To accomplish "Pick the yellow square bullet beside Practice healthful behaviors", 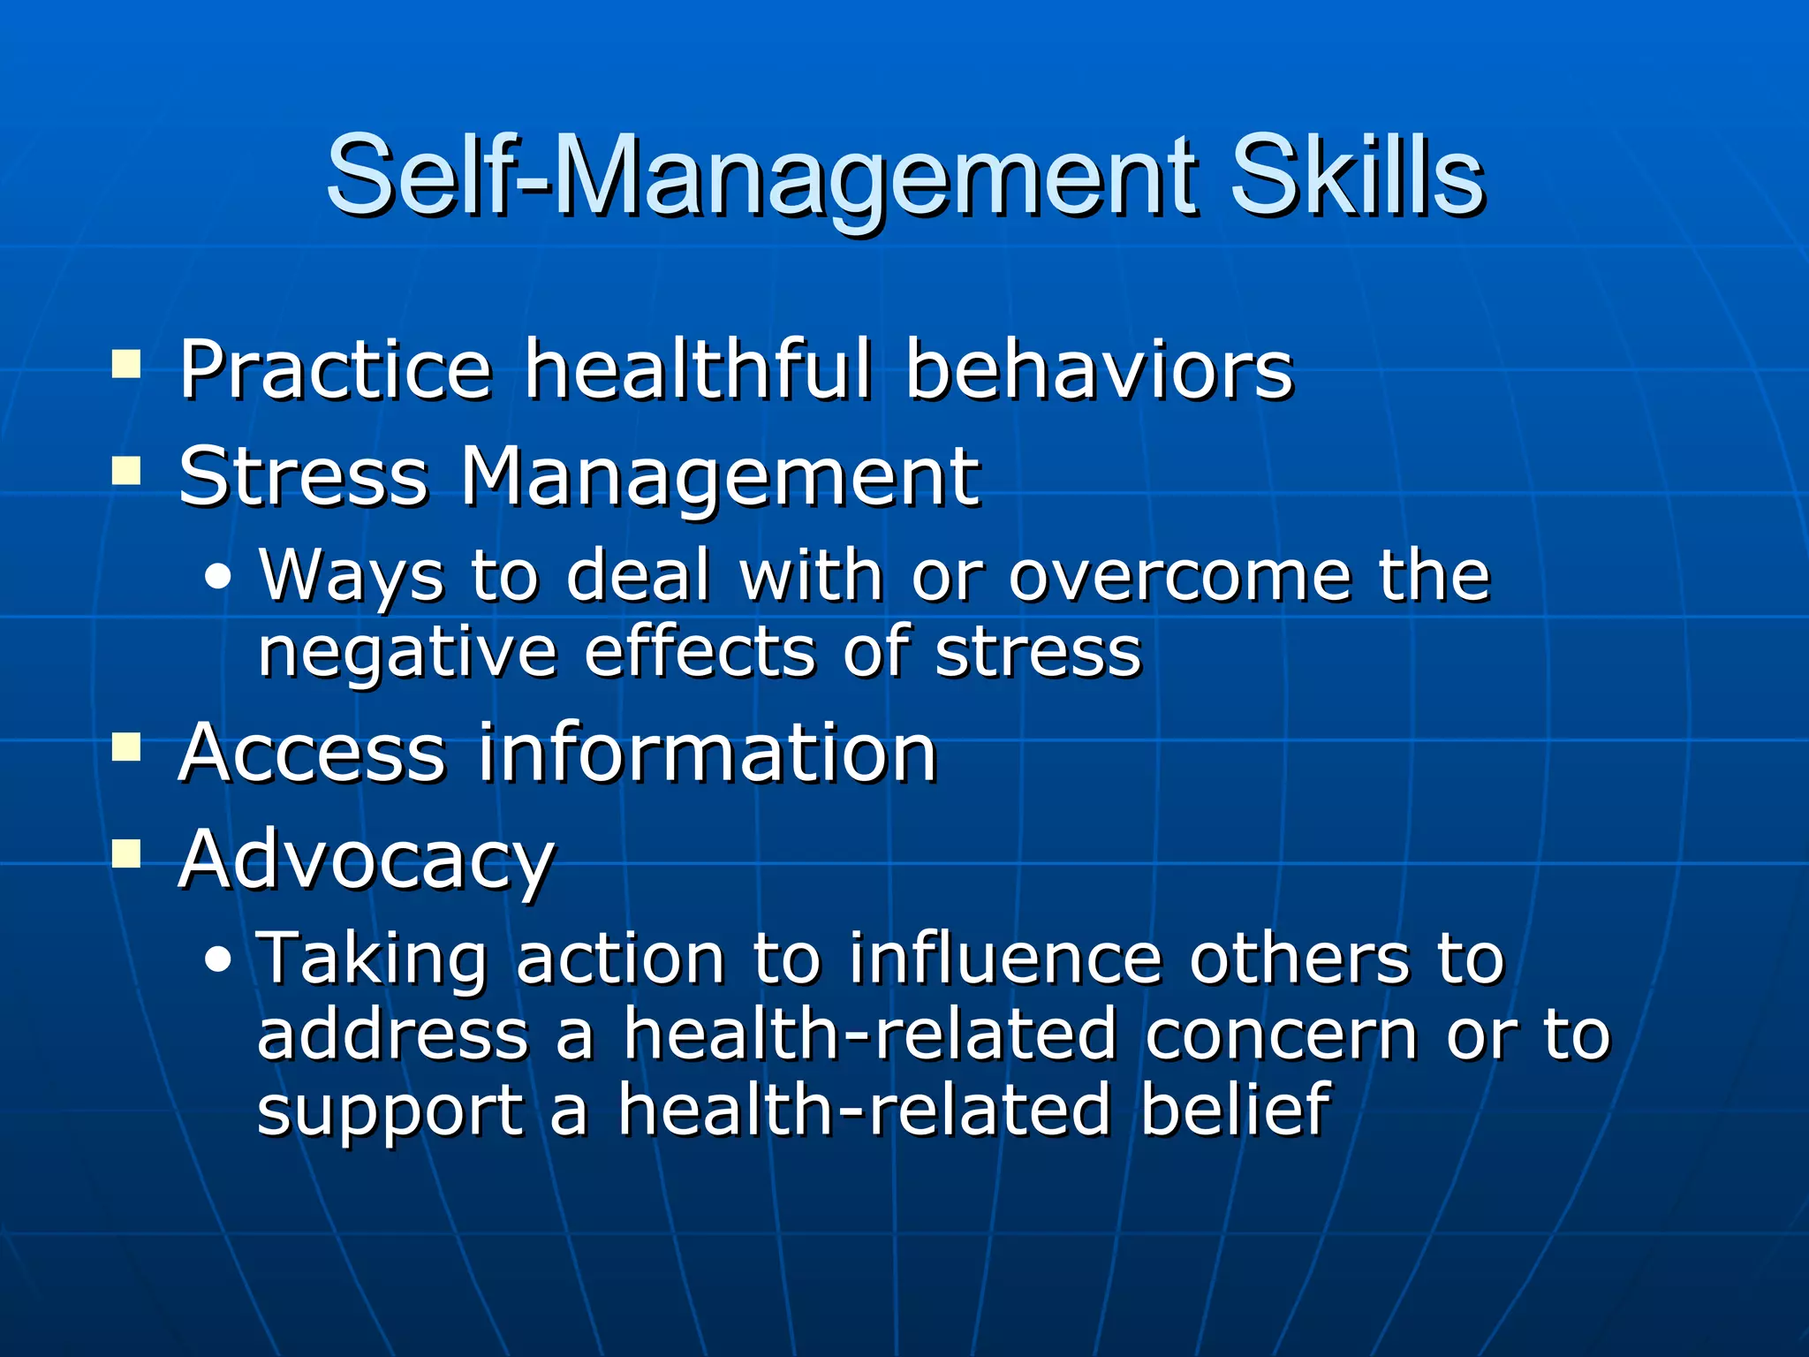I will tap(126, 364).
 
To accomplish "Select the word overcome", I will tap(1178, 576).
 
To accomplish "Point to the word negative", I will tap(407, 654).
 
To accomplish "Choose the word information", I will tap(707, 753).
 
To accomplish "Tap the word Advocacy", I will tap(367, 861).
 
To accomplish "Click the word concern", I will tap(1281, 1035).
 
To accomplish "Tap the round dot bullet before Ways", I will tap(218, 579).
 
